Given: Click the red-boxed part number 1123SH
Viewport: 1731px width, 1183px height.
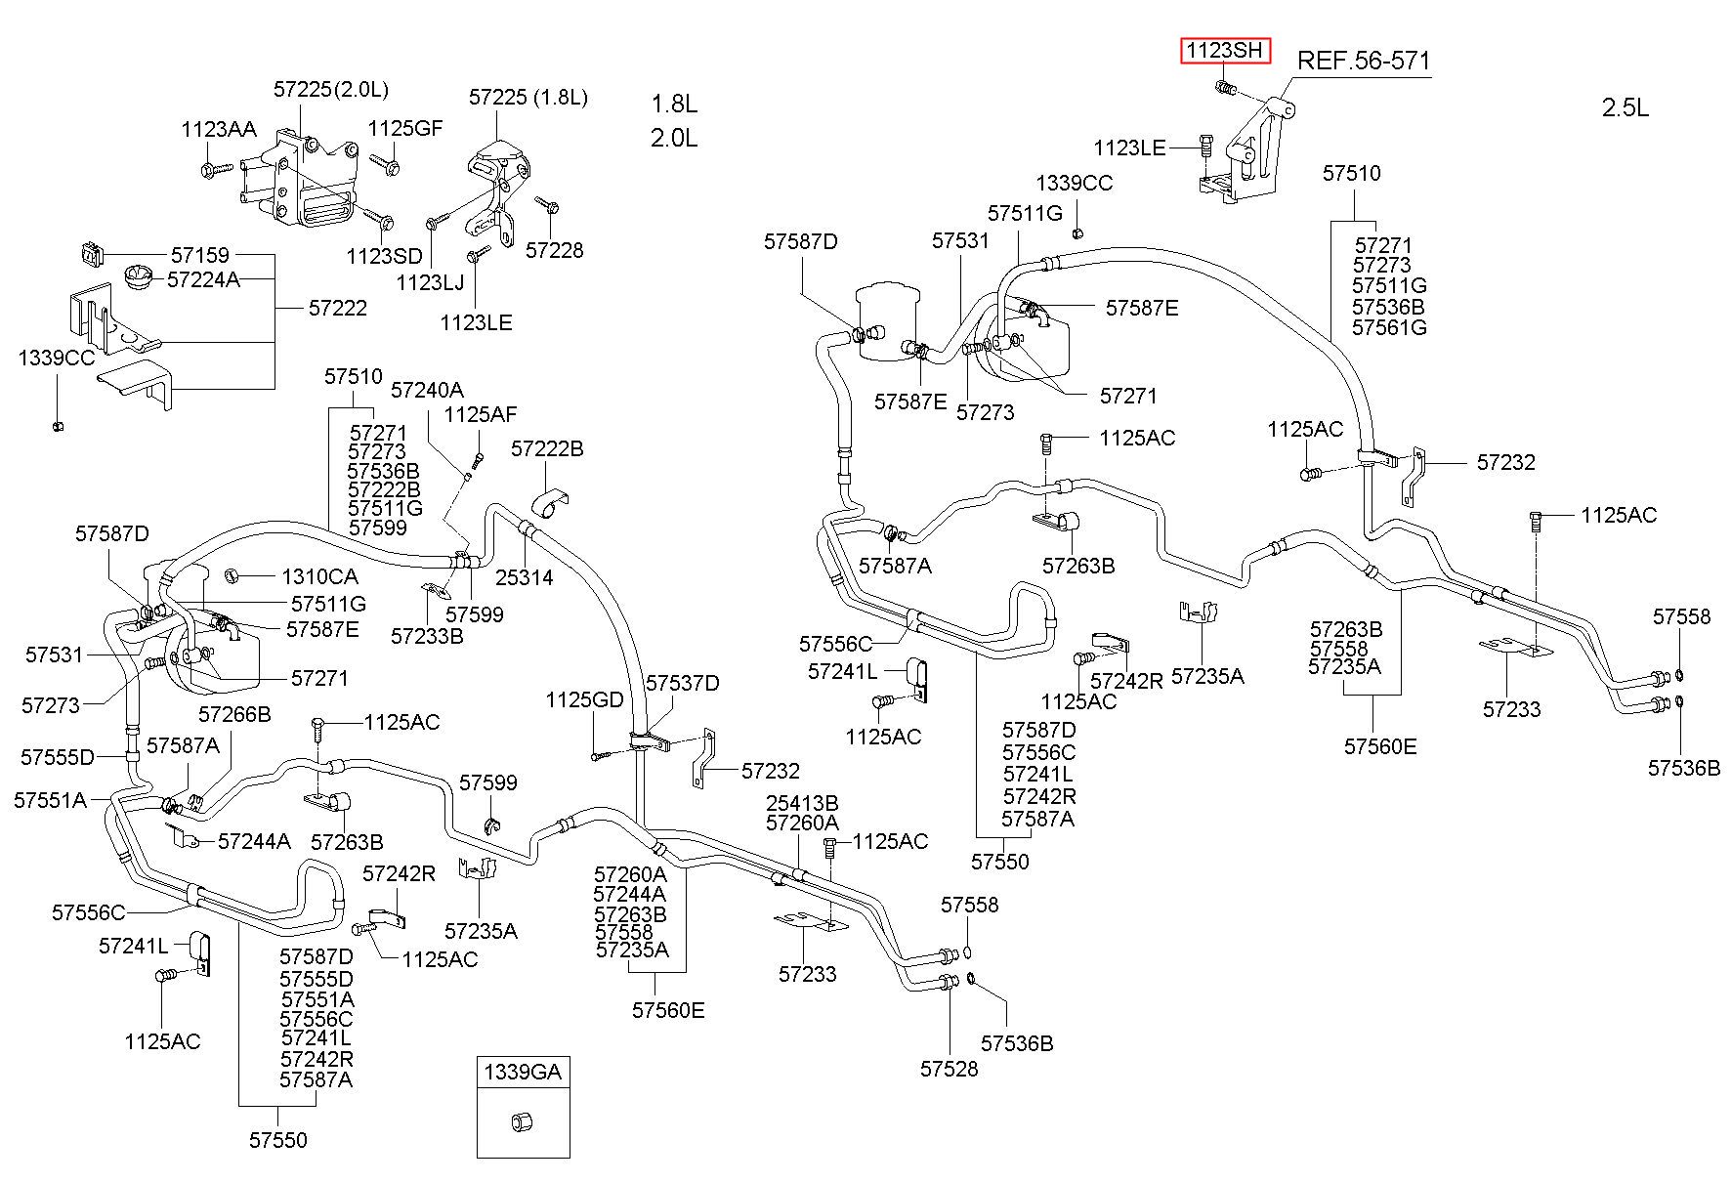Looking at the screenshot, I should (1225, 50).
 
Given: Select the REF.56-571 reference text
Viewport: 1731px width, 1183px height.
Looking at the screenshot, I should (1363, 62).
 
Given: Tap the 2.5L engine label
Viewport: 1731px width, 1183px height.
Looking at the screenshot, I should (1625, 107).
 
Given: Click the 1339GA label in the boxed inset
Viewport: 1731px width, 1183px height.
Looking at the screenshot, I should (523, 1072).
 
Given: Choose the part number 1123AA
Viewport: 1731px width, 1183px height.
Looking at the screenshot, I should (219, 129).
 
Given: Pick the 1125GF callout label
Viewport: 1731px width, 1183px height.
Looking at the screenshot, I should (405, 128).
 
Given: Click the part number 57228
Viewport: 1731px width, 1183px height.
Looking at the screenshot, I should (554, 250).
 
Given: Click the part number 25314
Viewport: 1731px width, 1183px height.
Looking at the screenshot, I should (524, 577).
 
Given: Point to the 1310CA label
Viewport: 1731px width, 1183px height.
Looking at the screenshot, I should (319, 577).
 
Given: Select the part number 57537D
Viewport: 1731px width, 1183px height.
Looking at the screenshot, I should (683, 682).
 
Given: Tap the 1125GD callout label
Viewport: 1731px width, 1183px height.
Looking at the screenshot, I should (584, 699).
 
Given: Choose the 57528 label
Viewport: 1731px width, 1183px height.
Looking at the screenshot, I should (949, 1068).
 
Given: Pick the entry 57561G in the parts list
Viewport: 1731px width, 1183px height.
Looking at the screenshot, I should (1389, 327).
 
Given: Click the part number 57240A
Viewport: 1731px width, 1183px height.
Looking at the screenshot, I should (427, 390).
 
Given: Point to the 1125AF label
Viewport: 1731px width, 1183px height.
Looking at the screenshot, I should (480, 414).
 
